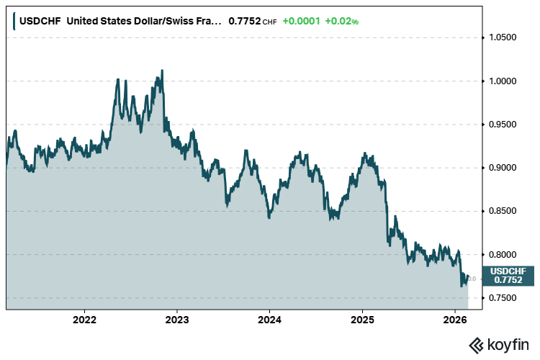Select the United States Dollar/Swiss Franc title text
click(x=141, y=22)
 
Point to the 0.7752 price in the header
click(x=244, y=22)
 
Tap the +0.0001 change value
click(x=301, y=22)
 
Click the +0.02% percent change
click(x=341, y=22)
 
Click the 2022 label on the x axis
click(x=85, y=319)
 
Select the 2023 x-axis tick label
click(x=177, y=319)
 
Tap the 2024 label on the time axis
click(x=269, y=319)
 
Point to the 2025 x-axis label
click(x=362, y=319)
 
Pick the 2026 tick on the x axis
click(x=454, y=319)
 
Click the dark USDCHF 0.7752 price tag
click(x=508, y=275)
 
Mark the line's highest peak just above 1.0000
click(x=162, y=71)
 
